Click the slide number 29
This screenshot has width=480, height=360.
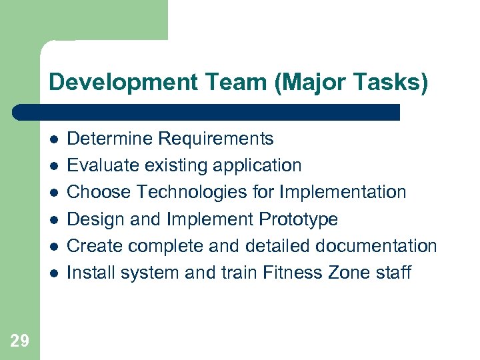[20, 341]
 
